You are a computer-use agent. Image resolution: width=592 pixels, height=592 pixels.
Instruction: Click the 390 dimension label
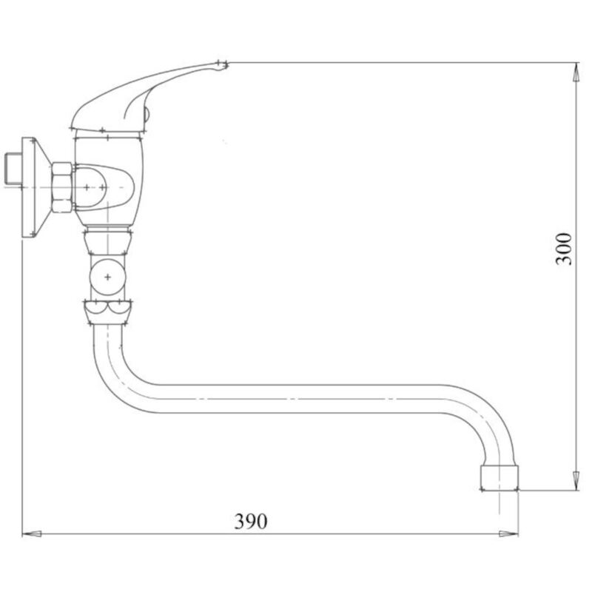point(251,521)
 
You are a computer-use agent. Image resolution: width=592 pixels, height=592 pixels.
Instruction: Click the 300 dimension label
point(564,249)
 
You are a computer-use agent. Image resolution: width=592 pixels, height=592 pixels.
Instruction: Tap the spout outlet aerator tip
point(499,478)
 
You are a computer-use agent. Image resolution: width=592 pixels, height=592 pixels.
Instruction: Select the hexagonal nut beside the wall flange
point(61,187)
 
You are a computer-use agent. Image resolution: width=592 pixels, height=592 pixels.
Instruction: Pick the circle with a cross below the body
point(107,277)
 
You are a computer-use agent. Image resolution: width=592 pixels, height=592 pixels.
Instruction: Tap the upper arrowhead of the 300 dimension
point(576,72)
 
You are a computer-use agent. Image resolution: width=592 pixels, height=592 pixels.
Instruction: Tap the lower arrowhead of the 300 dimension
point(576,480)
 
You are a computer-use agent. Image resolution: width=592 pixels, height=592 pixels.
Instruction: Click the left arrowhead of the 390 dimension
point(32,534)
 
